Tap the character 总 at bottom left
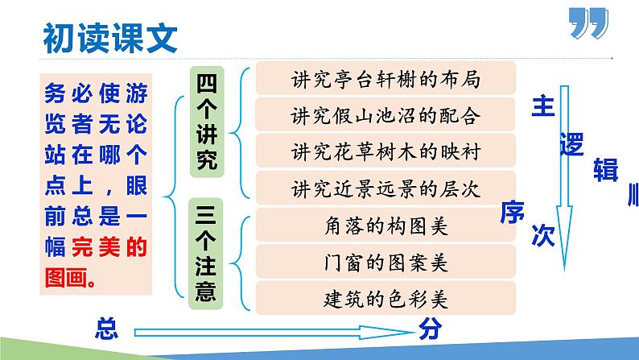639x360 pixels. pos(105,328)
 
